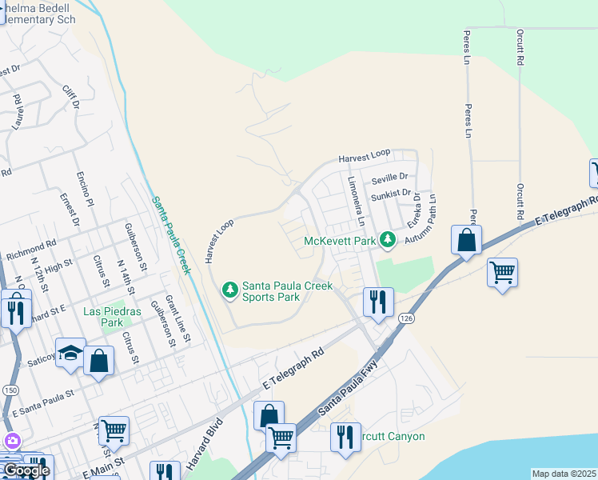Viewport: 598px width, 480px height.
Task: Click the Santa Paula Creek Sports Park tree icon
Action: [230, 288]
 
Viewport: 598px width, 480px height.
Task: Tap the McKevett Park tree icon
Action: [388, 239]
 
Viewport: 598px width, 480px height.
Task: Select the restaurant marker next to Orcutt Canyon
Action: [345, 436]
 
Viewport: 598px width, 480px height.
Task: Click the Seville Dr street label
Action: [389, 177]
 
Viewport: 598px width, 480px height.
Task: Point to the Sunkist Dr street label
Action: [391, 193]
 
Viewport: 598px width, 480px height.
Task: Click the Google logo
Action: [26, 470]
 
